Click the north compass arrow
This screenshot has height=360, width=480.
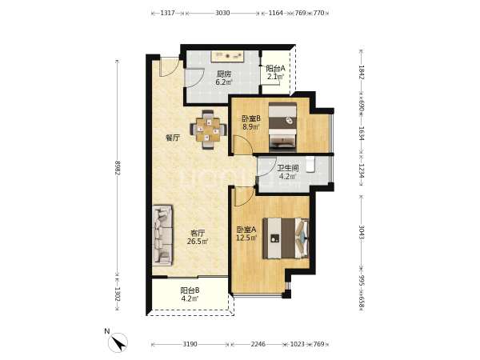(118, 343)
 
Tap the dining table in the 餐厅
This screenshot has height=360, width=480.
(208, 130)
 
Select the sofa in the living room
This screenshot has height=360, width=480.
(162, 234)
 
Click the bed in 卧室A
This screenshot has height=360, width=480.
(286, 238)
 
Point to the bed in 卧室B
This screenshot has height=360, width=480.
(282, 127)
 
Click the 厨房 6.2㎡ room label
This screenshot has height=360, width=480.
(224, 78)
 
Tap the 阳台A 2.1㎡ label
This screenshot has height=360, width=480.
(275, 72)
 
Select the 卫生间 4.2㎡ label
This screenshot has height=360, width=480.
(287, 172)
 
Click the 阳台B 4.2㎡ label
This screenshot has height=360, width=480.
(190, 294)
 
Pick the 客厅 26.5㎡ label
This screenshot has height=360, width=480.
(198, 237)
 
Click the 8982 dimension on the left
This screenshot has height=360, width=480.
(118, 168)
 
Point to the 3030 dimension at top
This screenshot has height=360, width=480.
(222, 13)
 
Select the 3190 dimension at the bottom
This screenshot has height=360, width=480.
(190, 344)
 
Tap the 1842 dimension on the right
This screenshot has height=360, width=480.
(362, 72)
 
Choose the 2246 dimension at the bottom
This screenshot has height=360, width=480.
(258, 344)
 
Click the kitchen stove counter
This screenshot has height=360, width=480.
(227, 57)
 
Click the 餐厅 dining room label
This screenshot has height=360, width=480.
(172, 138)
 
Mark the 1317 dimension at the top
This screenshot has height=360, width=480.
(167, 13)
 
